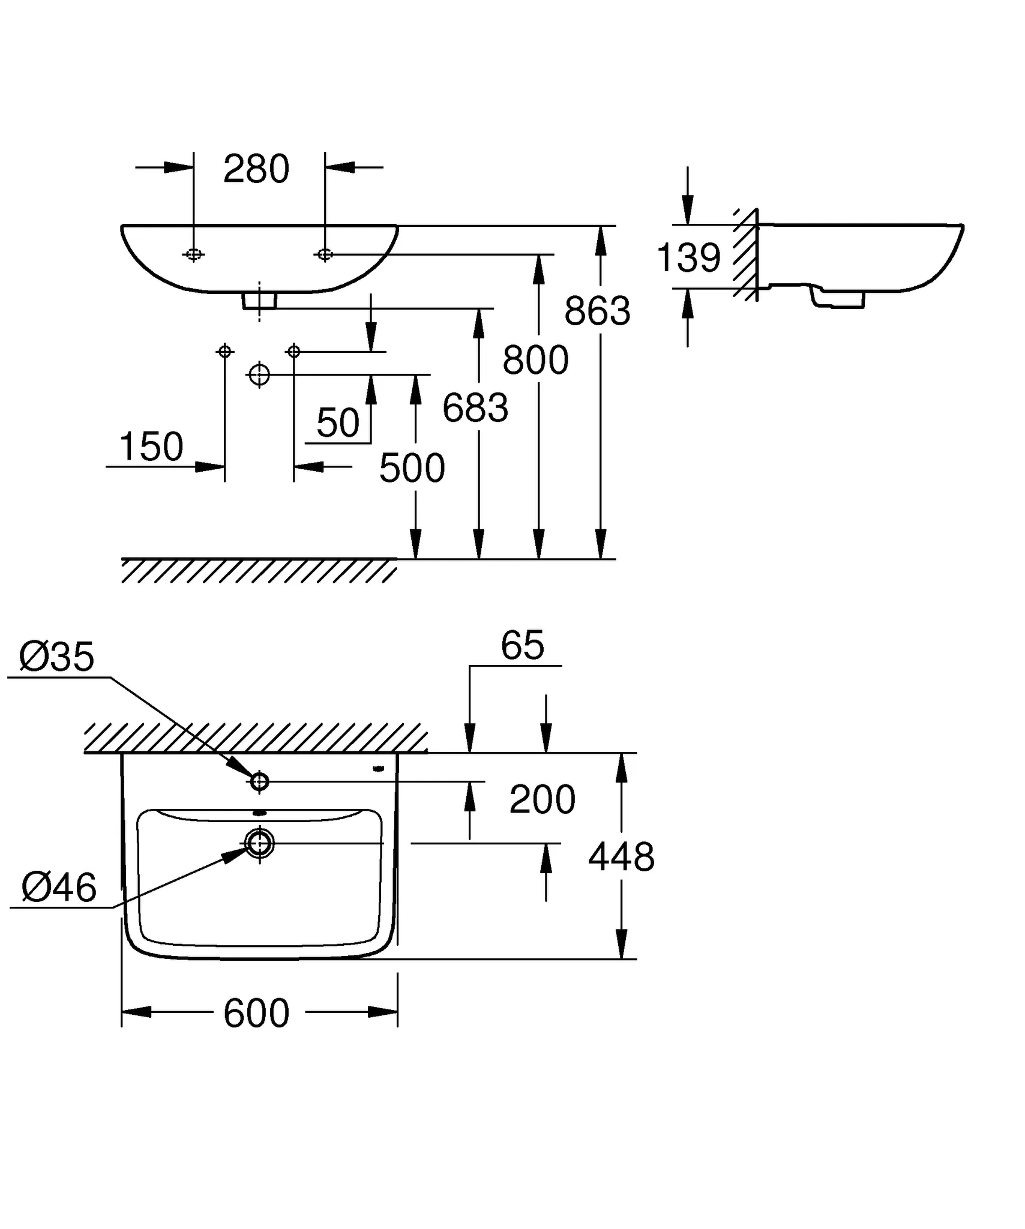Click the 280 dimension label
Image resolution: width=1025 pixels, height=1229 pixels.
(x=256, y=169)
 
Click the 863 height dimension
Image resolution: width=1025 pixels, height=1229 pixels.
(x=597, y=311)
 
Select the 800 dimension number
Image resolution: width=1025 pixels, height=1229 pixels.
(x=535, y=360)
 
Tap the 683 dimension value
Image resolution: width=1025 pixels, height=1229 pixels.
(x=475, y=408)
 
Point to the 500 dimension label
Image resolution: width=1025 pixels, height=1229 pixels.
(x=412, y=468)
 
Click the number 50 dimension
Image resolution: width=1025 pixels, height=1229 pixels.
(x=338, y=422)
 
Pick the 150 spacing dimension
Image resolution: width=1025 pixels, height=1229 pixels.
(x=151, y=446)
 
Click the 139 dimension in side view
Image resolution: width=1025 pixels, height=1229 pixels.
(x=688, y=258)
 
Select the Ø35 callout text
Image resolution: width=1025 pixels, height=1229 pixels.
(x=57, y=657)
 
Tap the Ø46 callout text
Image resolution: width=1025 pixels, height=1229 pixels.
(x=59, y=888)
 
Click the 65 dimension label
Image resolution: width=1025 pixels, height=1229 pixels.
(x=522, y=646)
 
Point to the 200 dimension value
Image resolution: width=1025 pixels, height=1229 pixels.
(x=542, y=799)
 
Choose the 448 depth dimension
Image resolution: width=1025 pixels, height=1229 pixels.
(x=621, y=856)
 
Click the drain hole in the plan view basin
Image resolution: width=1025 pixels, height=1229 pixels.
(x=259, y=843)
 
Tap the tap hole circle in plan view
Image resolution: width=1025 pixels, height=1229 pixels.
(x=259, y=781)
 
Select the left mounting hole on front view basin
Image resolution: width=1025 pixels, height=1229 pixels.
(x=193, y=254)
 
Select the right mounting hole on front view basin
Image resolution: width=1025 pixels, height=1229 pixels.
(x=325, y=254)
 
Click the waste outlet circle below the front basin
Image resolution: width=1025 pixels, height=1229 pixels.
(x=259, y=374)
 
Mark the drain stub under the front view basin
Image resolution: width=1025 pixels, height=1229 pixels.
(x=259, y=300)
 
